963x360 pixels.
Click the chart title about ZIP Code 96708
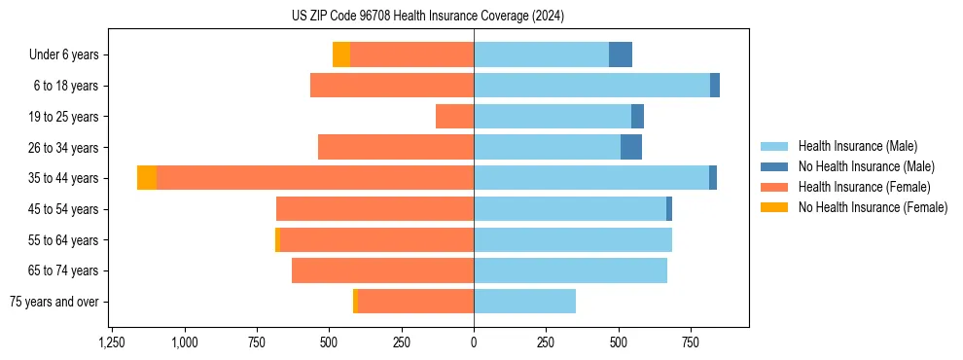coord(428,17)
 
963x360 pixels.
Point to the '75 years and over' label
coord(54,302)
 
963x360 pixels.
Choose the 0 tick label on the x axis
coord(474,342)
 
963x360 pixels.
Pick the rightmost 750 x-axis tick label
coord(690,342)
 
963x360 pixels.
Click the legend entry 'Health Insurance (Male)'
coord(857,146)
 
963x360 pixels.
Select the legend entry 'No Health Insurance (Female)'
coord(873,207)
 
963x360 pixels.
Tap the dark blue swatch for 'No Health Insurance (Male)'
coord(775,166)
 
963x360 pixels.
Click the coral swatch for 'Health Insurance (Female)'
coord(775,187)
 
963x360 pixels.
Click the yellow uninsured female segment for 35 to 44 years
coord(147,178)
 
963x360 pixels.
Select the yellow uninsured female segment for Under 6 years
coord(341,54)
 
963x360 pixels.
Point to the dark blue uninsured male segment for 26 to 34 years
coord(631,147)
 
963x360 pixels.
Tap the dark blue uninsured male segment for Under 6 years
coord(621,54)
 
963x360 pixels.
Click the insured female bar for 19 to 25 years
coord(454,117)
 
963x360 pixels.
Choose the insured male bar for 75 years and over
coord(524,302)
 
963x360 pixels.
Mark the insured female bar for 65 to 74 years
coord(382,270)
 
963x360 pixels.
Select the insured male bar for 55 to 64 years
coord(573,239)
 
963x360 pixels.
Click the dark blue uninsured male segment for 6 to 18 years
coord(715,86)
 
